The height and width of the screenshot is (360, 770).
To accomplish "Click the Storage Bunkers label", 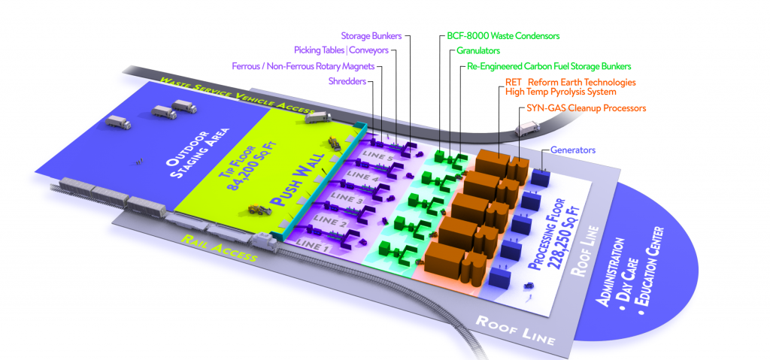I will [371, 35].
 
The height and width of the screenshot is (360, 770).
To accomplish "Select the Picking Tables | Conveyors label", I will [341, 50].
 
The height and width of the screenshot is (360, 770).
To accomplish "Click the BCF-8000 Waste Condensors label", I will [499, 35].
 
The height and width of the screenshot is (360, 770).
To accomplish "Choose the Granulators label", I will [478, 51].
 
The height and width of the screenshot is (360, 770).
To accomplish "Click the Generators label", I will [573, 150].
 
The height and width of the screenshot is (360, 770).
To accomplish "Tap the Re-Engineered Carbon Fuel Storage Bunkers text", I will [548, 67].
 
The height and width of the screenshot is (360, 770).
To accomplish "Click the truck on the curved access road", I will [527, 130].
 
